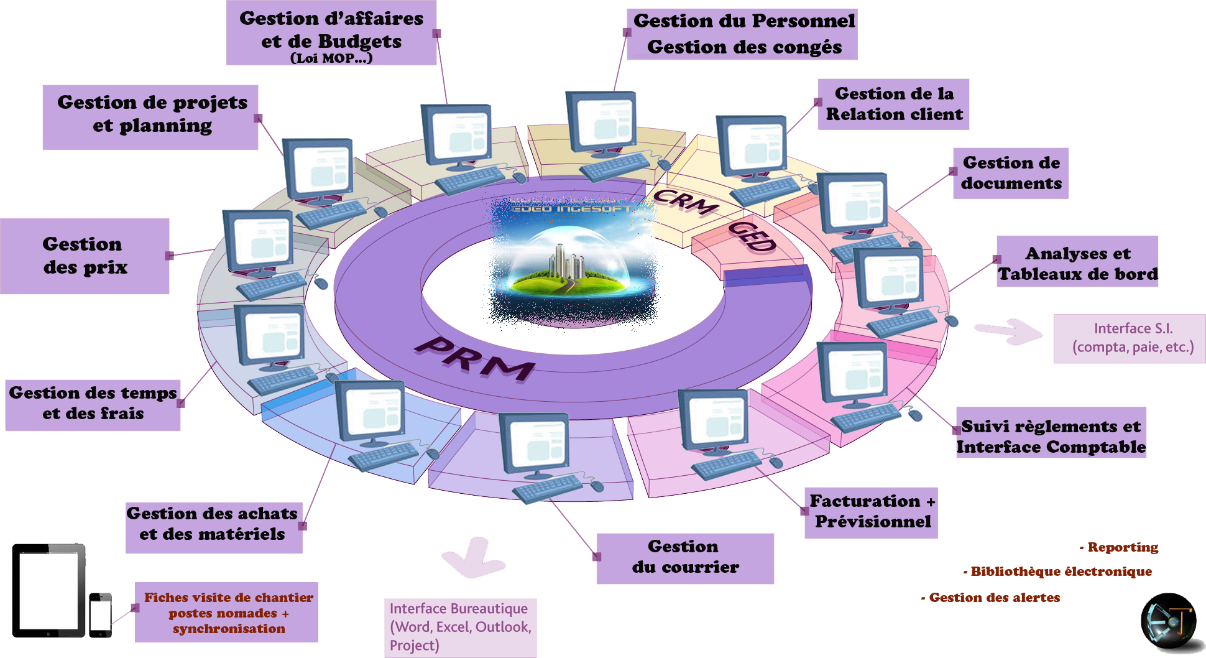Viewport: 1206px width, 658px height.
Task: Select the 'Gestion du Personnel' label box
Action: (742, 34)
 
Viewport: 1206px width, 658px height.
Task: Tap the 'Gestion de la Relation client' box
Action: (893, 104)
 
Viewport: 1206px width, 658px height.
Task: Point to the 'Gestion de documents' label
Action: (1011, 174)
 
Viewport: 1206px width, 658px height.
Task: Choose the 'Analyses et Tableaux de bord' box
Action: (1077, 262)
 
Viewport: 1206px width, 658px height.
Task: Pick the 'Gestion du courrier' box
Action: (685, 558)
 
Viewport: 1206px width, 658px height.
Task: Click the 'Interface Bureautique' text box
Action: (460, 627)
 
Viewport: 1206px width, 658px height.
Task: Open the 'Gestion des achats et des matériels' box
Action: (214, 528)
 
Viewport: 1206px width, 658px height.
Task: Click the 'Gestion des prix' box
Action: (85, 256)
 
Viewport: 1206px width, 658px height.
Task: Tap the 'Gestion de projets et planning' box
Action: (150, 118)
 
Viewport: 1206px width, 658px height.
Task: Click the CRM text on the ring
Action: (685, 202)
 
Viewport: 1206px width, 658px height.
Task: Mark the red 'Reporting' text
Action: (1121, 547)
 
